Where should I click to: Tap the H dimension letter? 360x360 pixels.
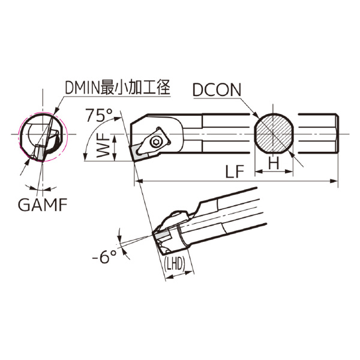point(274,163)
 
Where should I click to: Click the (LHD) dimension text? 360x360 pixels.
point(175,265)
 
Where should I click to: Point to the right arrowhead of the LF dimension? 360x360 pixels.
point(335,181)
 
